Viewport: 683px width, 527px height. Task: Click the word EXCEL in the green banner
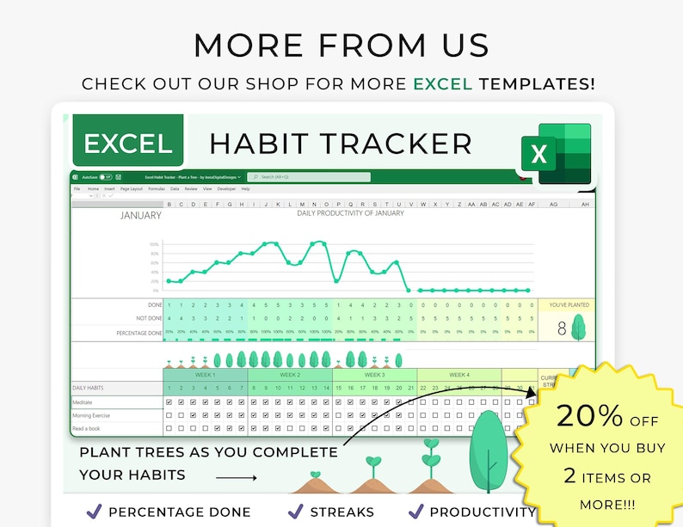[127, 144]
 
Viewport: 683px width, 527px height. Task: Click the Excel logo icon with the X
[557, 154]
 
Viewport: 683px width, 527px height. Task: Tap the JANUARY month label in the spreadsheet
[140, 216]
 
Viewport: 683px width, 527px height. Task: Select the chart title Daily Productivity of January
[350, 213]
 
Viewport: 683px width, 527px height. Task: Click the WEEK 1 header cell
[205, 375]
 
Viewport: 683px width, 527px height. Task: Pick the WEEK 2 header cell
[289, 375]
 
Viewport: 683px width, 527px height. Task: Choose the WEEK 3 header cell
[374, 375]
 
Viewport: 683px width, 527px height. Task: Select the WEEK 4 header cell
[458, 375]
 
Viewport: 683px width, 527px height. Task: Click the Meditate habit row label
[83, 402]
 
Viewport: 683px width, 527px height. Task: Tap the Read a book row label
[86, 427]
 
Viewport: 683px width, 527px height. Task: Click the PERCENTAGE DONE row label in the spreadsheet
[139, 332]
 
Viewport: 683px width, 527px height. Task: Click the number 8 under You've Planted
[562, 328]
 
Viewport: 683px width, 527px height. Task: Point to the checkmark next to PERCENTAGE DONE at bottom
[94, 511]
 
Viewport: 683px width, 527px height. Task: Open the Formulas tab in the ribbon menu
[157, 188]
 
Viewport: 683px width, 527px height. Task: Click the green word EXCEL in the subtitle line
[443, 84]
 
